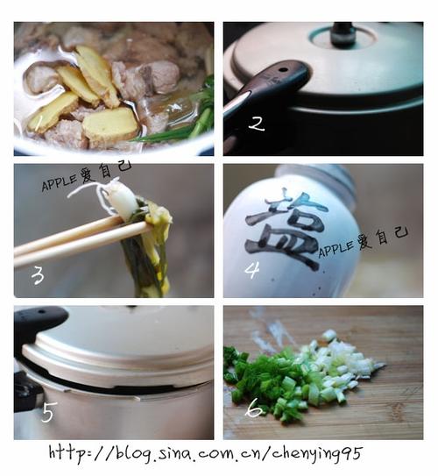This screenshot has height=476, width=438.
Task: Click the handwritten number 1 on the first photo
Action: [39, 123]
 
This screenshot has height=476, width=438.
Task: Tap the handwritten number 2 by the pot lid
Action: [257, 124]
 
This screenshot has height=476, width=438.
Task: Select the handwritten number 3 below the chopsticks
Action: [38, 276]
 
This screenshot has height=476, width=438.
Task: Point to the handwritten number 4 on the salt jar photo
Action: [252, 271]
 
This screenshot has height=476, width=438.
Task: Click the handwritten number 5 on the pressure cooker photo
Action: [48, 413]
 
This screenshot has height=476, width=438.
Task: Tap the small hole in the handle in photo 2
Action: [283, 70]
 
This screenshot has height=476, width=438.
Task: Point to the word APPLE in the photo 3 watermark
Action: [60, 181]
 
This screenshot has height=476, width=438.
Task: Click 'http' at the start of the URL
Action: [67, 453]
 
